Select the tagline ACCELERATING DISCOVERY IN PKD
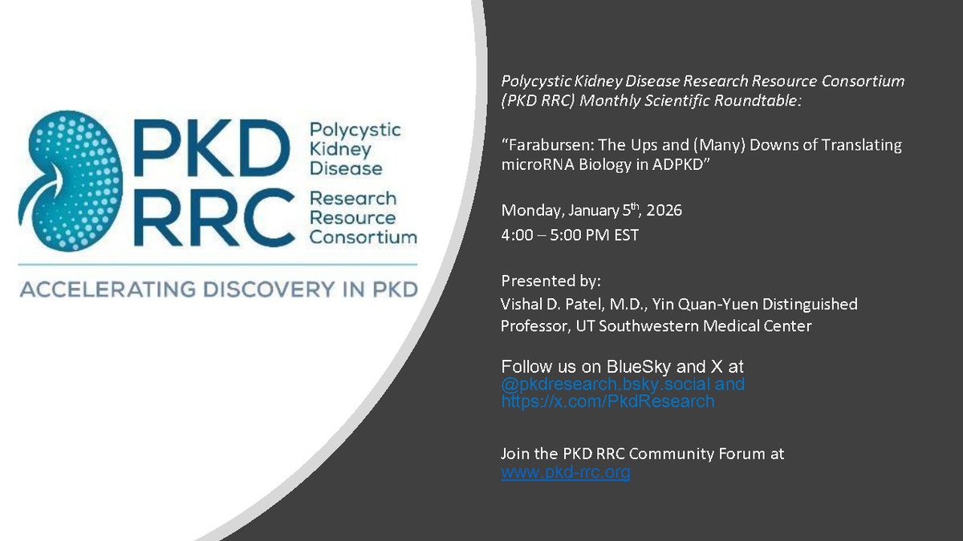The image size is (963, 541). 217,289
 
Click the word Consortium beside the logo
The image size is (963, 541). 363,236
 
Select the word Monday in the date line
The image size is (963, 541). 527,211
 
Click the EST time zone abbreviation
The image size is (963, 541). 626,236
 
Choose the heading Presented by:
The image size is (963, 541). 551,281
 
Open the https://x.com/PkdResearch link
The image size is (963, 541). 607,402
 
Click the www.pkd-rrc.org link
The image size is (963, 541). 565,472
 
